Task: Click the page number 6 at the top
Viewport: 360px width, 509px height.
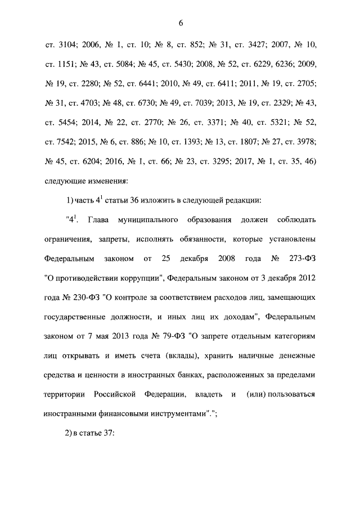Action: pos(181,23)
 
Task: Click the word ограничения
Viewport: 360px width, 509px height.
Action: pos(66,239)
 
